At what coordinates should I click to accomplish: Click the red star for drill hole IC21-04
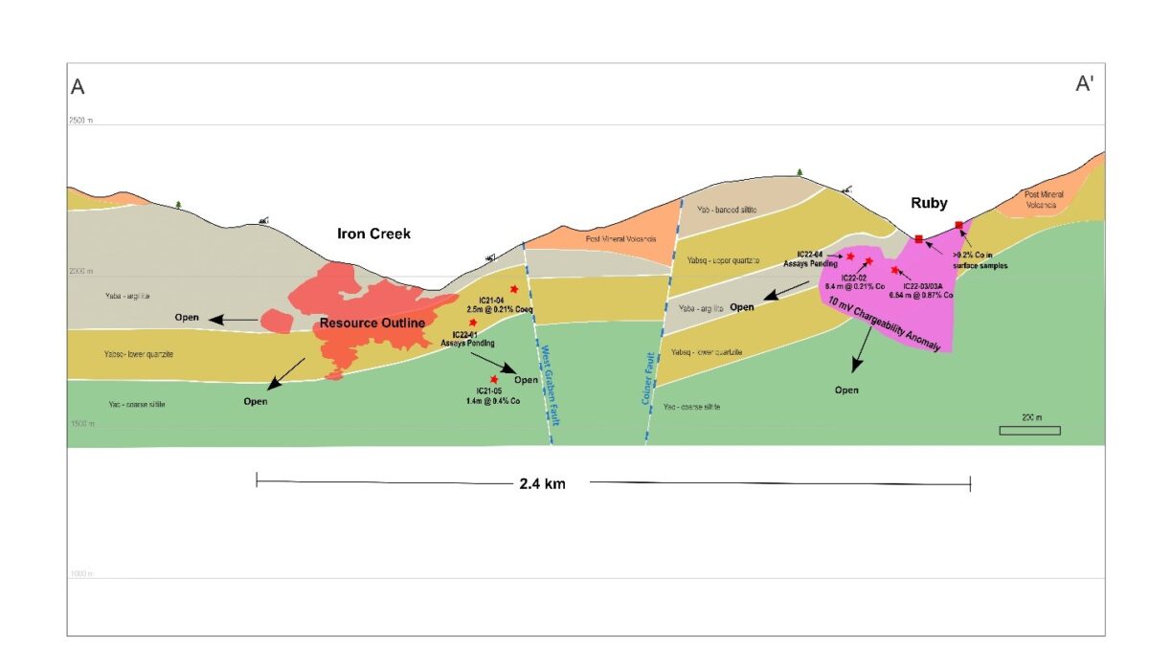point(515,289)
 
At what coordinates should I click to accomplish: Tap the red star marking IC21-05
point(494,380)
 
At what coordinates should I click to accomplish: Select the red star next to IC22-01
point(473,323)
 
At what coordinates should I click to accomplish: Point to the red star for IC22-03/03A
point(894,271)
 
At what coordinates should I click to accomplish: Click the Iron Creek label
point(373,234)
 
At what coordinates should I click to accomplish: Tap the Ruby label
point(930,203)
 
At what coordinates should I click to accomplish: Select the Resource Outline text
point(372,323)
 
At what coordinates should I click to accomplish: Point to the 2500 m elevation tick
point(80,121)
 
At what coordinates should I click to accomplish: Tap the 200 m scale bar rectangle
point(1029,431)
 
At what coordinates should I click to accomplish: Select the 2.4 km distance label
point(542,484)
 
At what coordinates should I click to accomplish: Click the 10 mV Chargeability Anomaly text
point(887,327)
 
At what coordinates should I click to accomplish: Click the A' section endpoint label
point(1085,84)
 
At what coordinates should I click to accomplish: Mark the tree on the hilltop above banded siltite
point(800,172)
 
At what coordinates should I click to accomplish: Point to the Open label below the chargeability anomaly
point(846,390)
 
